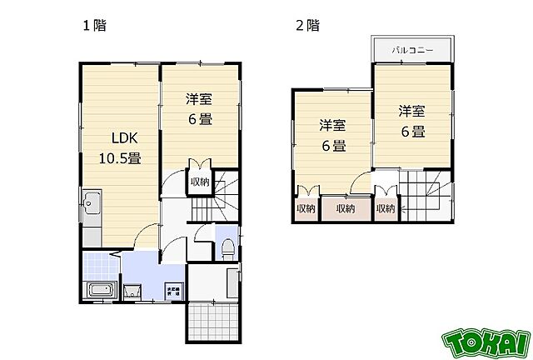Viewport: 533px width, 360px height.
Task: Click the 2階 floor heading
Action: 306,25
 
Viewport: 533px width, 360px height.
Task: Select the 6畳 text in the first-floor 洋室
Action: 199,118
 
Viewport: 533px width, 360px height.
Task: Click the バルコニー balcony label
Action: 414,50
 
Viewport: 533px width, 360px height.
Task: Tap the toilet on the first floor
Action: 227,247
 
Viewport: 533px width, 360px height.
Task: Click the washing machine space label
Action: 172,292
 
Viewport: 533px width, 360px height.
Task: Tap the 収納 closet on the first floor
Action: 199,182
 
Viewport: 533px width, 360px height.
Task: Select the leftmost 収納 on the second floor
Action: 305,207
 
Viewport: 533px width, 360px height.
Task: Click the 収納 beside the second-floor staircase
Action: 385,207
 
